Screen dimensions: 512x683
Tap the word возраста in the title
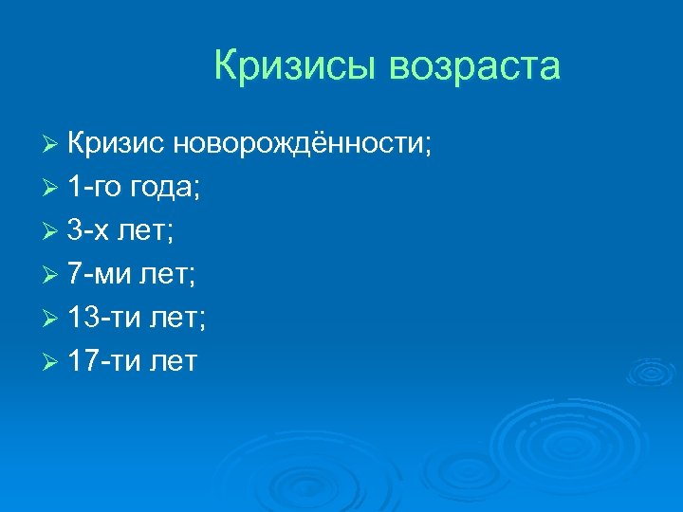point(474,68)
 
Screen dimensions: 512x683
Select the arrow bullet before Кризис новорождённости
point(51,145)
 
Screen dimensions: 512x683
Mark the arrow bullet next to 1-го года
point(51,189)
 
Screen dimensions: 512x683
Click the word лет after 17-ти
point(174,362)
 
